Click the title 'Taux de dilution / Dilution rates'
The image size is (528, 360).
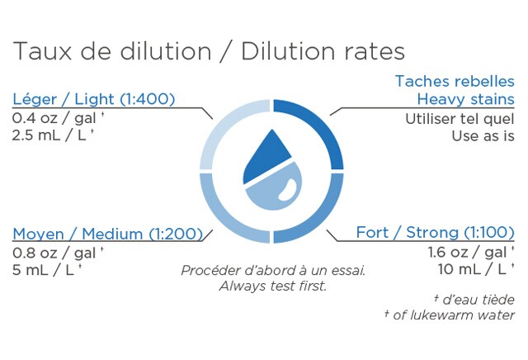coord(209,51)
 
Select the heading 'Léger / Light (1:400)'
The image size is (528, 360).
coord(93,99)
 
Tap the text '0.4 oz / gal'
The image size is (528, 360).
coord(54,118)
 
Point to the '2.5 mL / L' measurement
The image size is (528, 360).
coord(49,135)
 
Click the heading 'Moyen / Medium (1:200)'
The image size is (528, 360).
coord(107,234)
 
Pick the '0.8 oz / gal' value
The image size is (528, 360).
coord(54,253)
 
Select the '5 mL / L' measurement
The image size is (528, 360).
coord(43,270)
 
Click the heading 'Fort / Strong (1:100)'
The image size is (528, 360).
coord(435,232)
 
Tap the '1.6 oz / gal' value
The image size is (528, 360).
coord(468,252)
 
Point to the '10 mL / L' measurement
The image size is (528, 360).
coord(472,269)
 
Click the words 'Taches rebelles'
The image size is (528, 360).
coord(455,81)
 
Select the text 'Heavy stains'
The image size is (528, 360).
coord(465,99)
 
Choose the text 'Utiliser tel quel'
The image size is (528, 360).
coord(460,119)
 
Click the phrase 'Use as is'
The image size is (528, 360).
coord(483,136)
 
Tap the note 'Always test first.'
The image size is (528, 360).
coord(273,286)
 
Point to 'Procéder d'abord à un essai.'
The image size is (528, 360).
coord(273,270)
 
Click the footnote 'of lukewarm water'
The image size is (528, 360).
coord(453,315)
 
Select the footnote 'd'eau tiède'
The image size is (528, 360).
coord(478,300)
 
